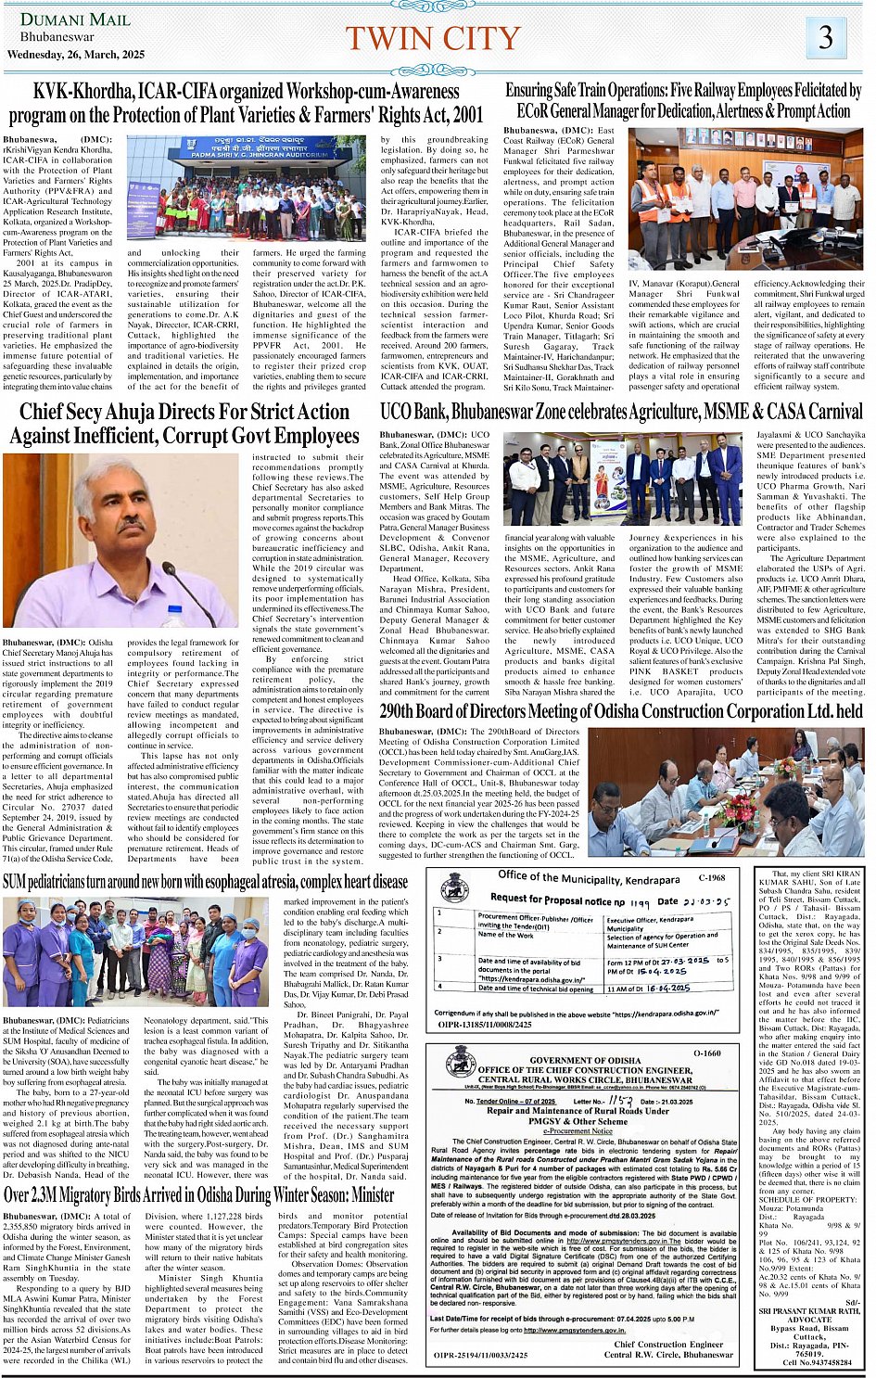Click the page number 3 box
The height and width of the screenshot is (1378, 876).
point(825,38)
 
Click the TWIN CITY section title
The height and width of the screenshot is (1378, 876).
point(432,39)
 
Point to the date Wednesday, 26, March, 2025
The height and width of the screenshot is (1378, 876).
point(76,55)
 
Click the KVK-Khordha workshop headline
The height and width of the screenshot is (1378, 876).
point(246,103)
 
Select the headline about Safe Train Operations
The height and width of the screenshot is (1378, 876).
point(683,101)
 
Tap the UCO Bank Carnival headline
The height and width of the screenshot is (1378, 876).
point(621,412)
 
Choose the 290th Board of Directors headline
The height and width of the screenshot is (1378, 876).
point(621,711)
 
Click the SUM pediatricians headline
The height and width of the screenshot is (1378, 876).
point(205,881)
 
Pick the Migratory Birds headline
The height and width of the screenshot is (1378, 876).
point(199,1195)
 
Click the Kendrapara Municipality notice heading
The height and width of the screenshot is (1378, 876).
point(588,877)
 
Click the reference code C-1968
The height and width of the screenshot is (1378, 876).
point(711,877)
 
